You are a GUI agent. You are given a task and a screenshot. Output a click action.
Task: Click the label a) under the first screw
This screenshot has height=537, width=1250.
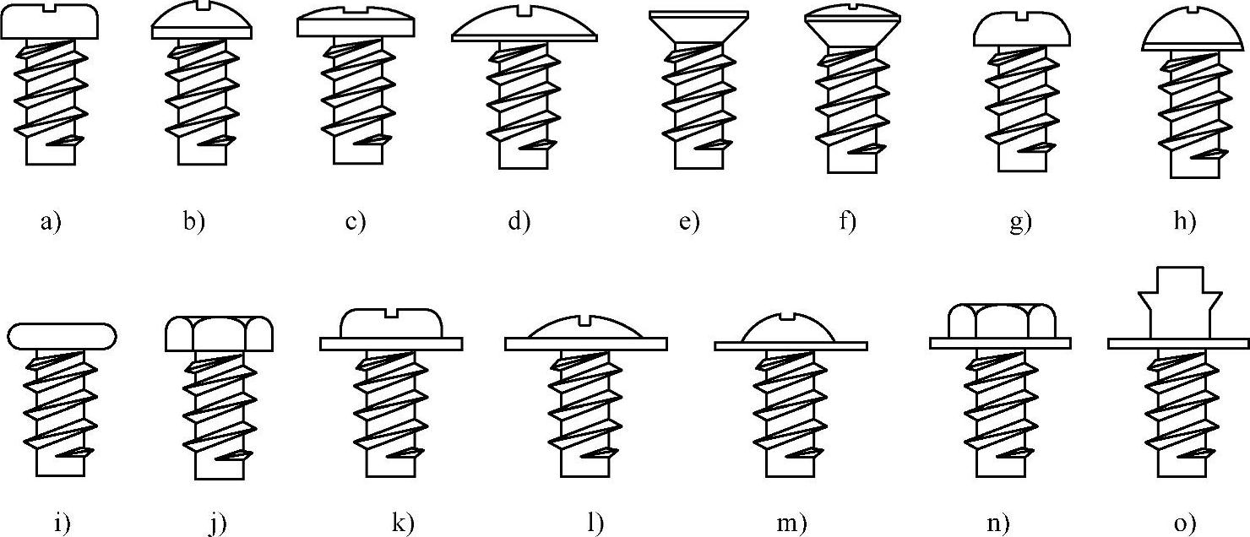[x=51, y=222]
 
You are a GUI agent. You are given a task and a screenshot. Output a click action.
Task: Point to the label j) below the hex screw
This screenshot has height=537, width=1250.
[x=219, y=523]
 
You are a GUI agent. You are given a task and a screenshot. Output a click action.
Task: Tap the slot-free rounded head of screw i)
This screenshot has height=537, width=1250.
[x=62, y=335]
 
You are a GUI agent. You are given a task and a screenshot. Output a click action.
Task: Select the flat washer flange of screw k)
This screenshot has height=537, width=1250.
[x=391, y=343]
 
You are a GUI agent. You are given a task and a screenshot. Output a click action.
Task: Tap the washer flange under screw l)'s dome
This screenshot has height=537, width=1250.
[x=586, y=344]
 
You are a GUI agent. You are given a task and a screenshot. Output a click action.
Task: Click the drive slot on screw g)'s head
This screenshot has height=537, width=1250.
[x=1022, y=14]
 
